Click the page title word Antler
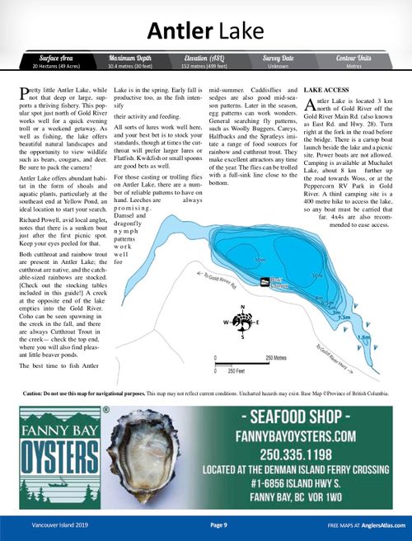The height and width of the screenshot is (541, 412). pos(180,31)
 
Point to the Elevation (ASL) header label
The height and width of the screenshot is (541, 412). pos(205,59)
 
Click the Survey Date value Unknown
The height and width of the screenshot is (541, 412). pos(279,67)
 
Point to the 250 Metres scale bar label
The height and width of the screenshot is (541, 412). pos(278,357)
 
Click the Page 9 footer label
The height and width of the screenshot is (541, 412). pos(218,525)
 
